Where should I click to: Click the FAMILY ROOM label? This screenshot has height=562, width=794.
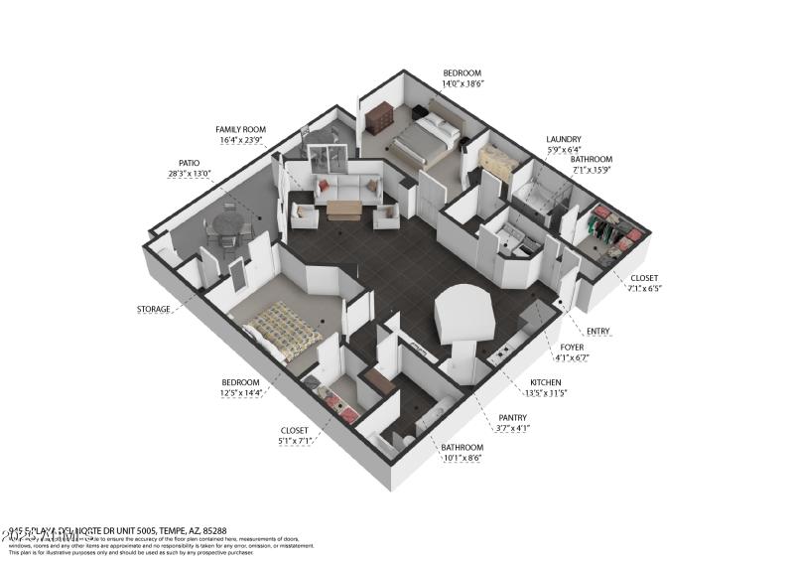pyautogui.click(x=241, y=129)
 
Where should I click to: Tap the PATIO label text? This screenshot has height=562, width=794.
pyautogui.click(x=189, y=163)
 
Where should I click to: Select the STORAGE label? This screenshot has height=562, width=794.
pyautogui.click(x=154, y=309)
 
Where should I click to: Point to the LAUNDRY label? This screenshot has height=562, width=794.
pyautogui.click(x=563, y=139)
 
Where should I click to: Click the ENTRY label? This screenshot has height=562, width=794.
pyautogui.click(x=598, y=331)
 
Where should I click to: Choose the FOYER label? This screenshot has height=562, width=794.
pyautogui.click(x=572, y=347)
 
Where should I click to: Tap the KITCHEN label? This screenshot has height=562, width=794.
pyautogui.click(x=546, y=382)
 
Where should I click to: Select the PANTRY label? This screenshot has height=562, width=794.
pyautogui.click(x=513, y=417)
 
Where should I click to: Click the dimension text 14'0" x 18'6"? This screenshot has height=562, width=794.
pyautogui.click(x=462, y=86)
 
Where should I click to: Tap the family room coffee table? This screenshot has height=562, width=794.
pyautogui.click(x=344, y=209)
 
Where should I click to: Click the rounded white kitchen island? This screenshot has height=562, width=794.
pyautogui.click(x=463, y=315)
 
